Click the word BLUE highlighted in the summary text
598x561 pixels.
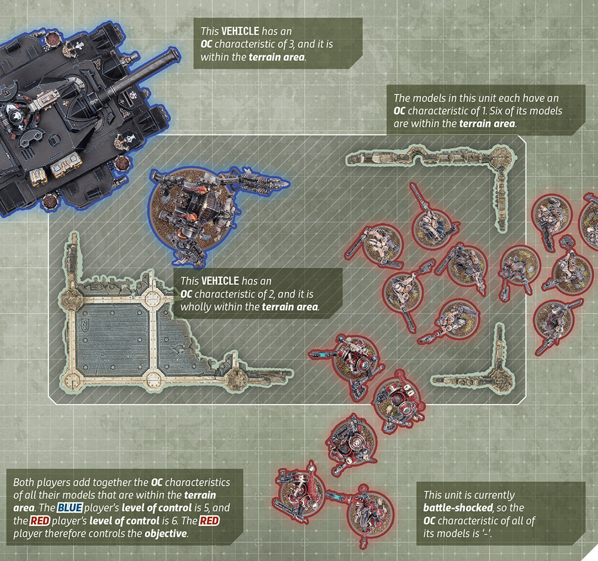click(70, 508)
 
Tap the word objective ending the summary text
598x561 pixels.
click(165, 534)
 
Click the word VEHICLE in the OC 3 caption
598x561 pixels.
click(240, 31)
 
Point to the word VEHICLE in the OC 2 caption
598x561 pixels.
click(220, 281)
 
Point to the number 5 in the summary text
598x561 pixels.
click(209, 508)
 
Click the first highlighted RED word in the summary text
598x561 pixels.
click(40, 521)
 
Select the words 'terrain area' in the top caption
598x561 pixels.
click(277, 57)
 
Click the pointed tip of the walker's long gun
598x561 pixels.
click(287, 184)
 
